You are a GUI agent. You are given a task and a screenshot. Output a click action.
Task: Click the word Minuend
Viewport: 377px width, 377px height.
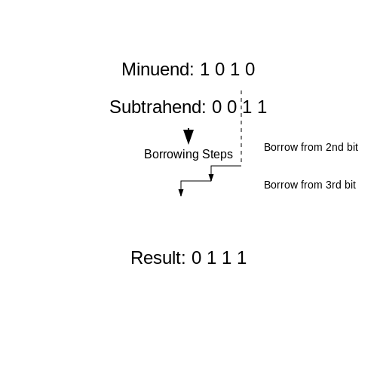click(x=158, y=69)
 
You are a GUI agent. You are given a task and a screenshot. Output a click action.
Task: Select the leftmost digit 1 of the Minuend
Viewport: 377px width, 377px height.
click(x=204, y=69)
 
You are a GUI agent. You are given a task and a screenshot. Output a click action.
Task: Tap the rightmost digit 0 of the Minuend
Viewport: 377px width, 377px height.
click(x=250, y=69)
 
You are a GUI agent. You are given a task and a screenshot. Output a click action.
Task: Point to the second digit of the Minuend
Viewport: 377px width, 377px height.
click(x=219, y=69)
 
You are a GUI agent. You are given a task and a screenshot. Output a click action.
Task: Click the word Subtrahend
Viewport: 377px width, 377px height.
click(x=158, y=107)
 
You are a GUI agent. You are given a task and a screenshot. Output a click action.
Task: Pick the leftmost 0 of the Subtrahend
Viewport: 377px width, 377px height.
click(x=216, y=107)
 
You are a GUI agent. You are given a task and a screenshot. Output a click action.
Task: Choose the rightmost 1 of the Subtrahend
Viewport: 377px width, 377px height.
click(x=262, y=107)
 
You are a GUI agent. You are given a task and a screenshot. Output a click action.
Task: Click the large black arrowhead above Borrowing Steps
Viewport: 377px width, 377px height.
click(x=188, y=136)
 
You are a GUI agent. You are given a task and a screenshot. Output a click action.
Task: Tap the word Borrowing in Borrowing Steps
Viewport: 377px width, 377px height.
click(x=172, y=155)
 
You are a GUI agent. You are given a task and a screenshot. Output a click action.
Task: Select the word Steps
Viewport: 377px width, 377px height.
click(x=217, y=155)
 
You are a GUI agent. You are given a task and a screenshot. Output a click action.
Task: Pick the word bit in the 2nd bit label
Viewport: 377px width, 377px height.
click(x=352, y=147)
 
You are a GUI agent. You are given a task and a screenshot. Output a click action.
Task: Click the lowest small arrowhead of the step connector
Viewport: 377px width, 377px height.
click(x=181, y=193)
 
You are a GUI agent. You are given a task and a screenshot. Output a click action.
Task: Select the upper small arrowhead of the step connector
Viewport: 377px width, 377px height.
click(x=211, y=178)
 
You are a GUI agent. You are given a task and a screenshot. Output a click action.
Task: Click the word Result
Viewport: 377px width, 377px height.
click(x=158, y=258)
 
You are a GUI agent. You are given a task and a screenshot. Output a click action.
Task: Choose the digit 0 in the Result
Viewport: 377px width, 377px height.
click(x=196, y=258)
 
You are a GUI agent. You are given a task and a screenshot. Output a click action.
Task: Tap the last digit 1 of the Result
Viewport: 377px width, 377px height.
click(x=242, y=258)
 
